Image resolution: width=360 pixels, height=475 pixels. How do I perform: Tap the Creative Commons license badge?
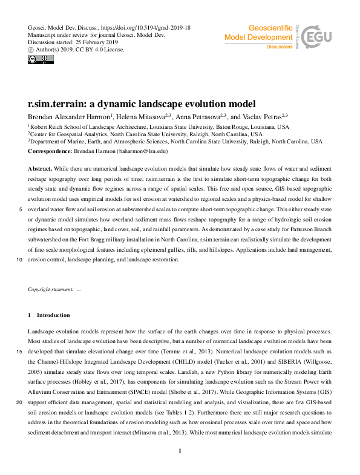pos(37,59)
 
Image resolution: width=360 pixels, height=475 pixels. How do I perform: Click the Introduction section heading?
pos(53,315)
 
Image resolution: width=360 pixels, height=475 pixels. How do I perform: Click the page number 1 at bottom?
pos(180,468)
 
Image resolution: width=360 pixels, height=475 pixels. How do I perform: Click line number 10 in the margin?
pos(21,260)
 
